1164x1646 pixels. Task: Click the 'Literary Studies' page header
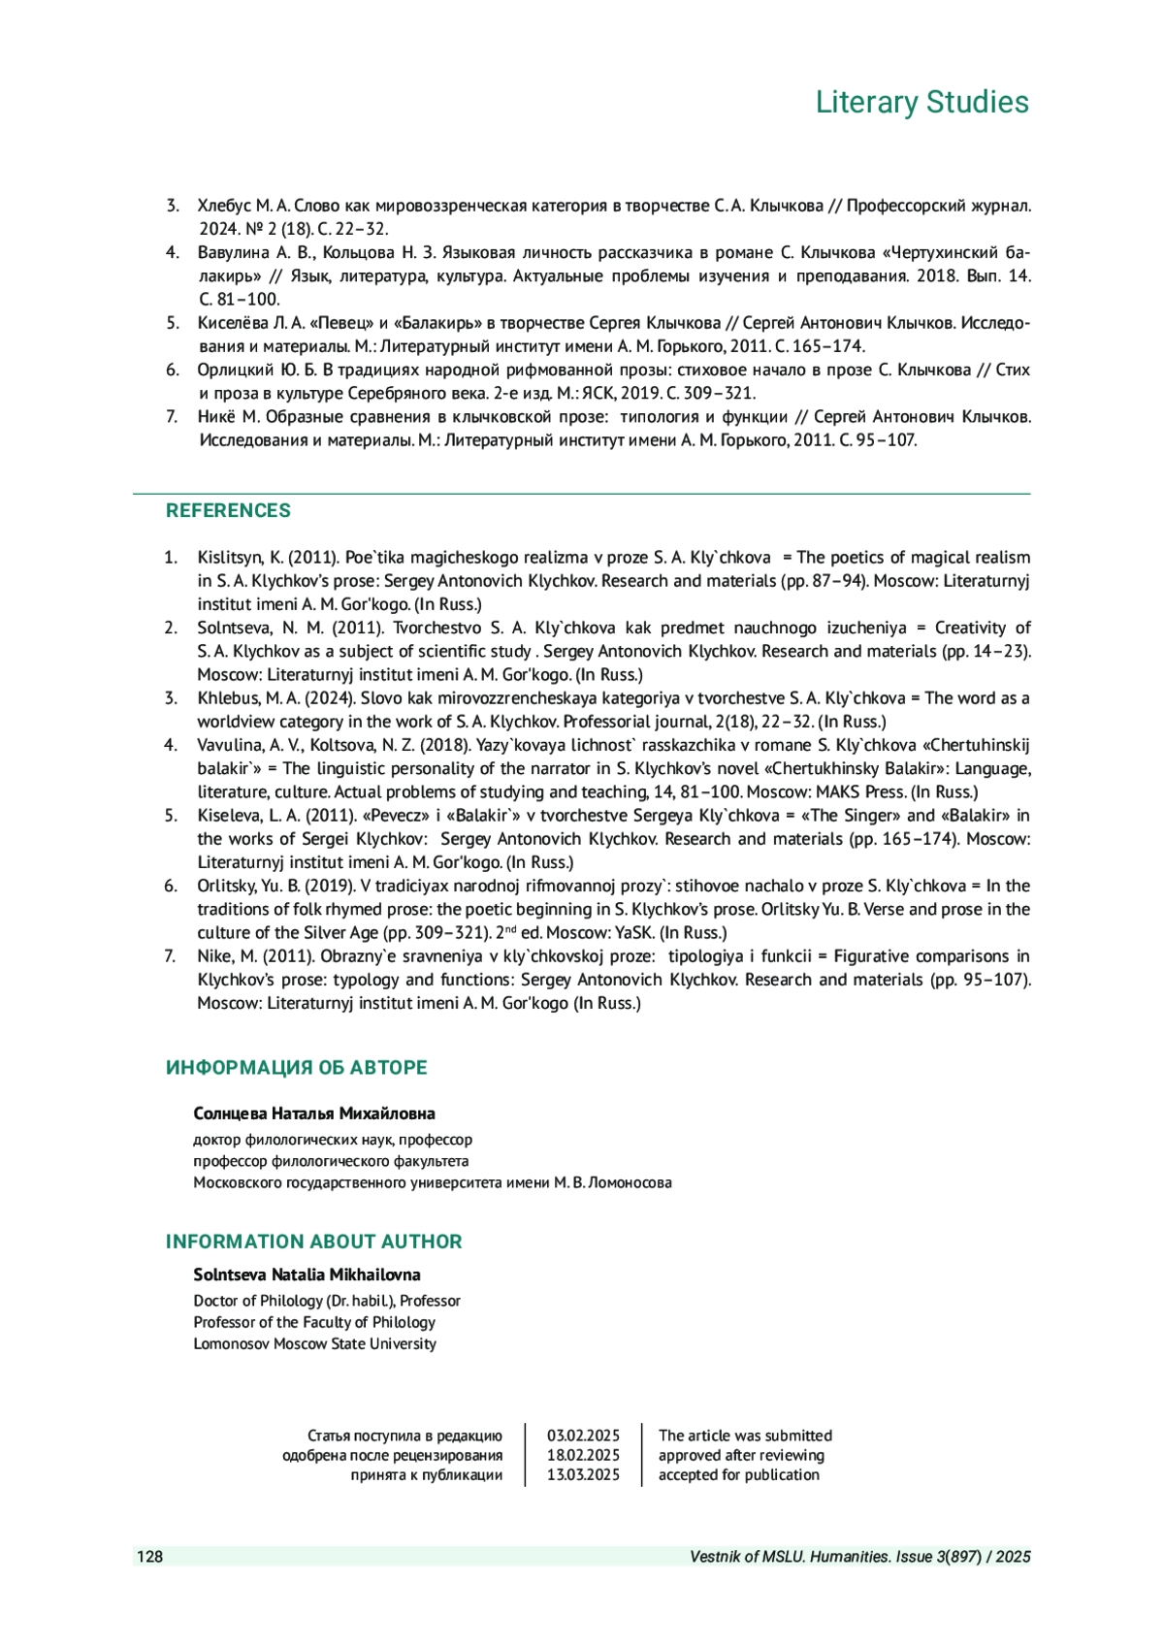pos(921,102)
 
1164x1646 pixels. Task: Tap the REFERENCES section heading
pos(228,510)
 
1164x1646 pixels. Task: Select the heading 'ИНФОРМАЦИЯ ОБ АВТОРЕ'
pos(296,1067)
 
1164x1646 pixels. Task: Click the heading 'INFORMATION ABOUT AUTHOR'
pos(313,1242)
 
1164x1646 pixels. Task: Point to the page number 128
pos(149,1557)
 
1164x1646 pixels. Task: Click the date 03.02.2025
pos(583,1436)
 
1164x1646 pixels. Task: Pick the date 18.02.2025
pos(583,1455)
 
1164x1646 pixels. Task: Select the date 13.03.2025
pos(583,1474)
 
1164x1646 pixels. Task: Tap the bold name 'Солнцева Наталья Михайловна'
pos(314,1113)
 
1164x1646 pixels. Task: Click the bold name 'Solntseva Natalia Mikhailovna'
pos(307,1275)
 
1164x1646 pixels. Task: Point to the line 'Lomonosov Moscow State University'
pos(314,1343)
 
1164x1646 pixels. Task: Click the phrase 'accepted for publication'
pos(739,1474)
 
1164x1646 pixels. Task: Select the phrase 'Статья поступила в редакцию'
pos(404,1436)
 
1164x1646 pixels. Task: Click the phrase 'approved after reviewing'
pos(741,1455)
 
